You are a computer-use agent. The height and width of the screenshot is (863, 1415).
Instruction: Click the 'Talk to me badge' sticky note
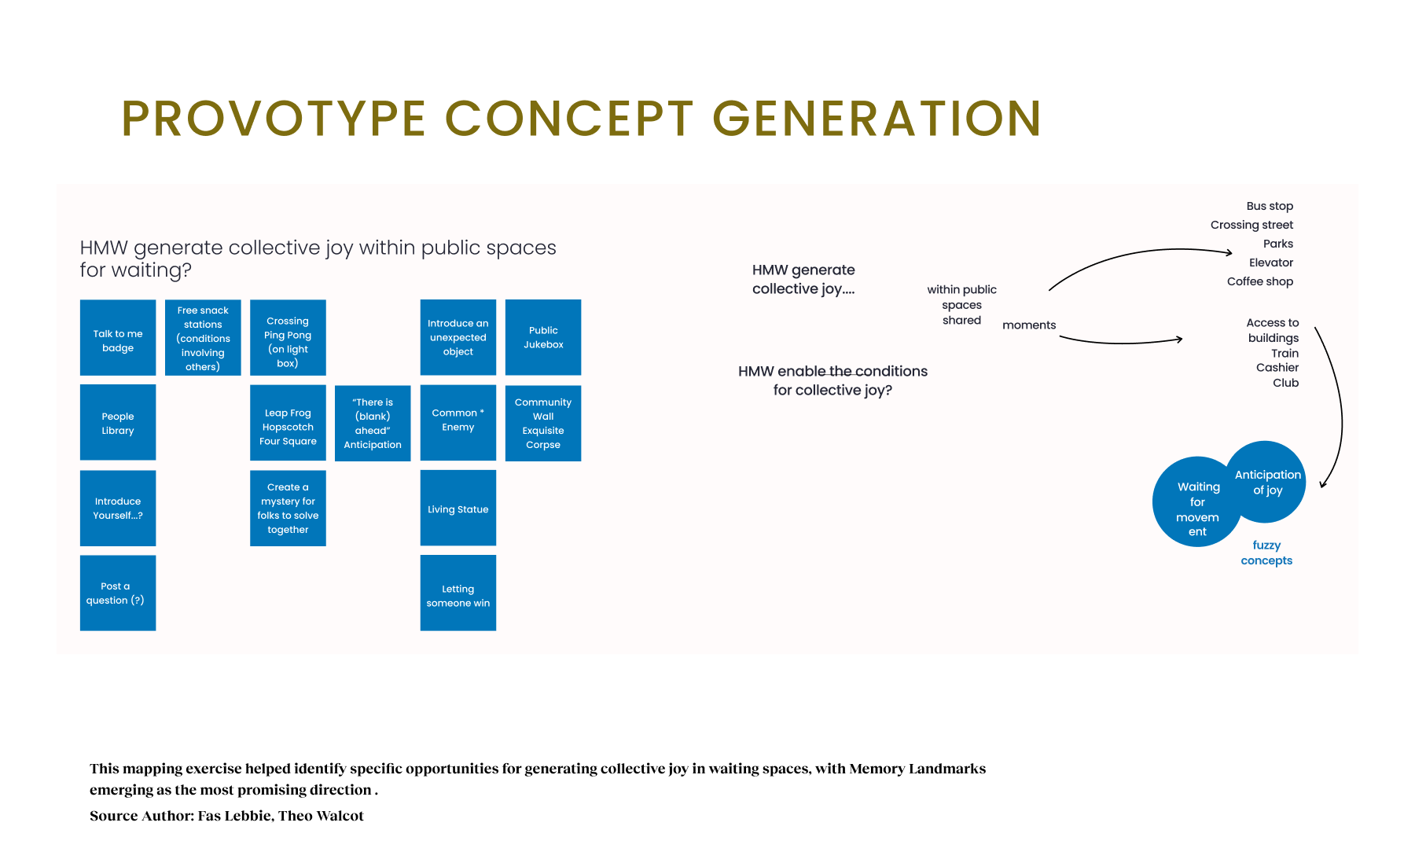[118, 338]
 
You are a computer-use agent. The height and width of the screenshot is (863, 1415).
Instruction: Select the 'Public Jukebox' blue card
[543, 337]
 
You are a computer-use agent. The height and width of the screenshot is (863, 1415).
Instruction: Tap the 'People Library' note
[118, 423]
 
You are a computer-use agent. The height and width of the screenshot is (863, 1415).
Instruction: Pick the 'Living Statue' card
[458, 508]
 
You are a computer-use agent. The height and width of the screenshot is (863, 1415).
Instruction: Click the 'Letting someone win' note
[458, 593]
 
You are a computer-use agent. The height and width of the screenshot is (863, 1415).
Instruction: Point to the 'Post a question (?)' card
[118, 593]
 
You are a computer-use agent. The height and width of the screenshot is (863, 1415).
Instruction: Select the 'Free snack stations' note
[203, 338]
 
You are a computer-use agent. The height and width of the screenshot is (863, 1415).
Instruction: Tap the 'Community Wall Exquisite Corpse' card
[543, 423]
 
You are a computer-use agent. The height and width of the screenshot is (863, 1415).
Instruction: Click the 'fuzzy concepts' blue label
[1266, 553]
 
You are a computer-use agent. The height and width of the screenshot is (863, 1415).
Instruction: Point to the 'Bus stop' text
[1270, 206]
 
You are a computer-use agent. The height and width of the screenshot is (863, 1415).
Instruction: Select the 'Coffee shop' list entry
[1259, 281]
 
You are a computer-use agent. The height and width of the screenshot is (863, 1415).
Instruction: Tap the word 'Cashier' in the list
[1277, 368]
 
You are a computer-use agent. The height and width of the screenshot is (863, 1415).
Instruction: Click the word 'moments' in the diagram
[1029, 325]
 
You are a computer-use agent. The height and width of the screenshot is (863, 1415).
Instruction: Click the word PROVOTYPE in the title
[274, 119]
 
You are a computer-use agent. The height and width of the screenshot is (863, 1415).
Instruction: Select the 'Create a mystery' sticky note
[288, 508]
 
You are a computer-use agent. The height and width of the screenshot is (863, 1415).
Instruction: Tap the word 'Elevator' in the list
[1270, 263]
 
